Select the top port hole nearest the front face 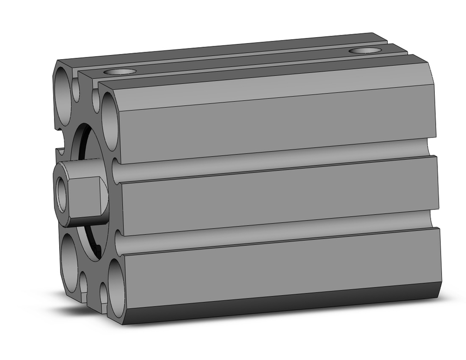point(120,72)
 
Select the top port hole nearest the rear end point(364,50)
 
